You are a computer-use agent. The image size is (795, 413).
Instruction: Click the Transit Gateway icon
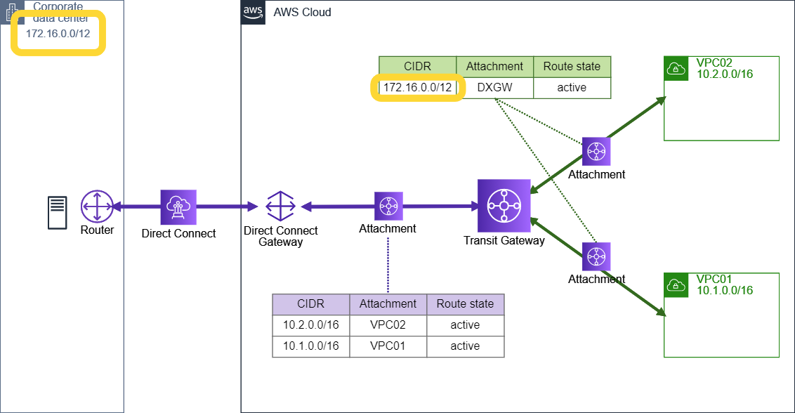click(504, 206)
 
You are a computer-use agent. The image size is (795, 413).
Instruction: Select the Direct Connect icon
click(178, 206)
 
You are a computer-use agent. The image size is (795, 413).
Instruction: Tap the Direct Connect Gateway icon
click(280, 206)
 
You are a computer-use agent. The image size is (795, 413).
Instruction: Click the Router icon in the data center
click(96, 206)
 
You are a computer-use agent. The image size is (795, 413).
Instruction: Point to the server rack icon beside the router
click(58, 213)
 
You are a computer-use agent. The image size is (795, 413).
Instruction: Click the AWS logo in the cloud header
click(252, 12)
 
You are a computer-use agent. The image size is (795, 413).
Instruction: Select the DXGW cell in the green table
click(494, 88)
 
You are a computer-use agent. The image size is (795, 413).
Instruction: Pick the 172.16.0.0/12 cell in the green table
click(417, 88)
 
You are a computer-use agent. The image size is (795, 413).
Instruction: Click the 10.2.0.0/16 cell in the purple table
click(310, 325)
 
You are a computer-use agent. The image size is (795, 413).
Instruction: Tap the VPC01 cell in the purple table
click(388, 346)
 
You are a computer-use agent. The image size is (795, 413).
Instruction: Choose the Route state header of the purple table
click(465, 304)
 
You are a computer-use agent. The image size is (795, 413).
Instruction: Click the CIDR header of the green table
click(417, 67)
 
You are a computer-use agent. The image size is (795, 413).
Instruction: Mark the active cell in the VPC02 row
click(465, 325)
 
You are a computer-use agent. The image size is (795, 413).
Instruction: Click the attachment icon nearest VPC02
click(596, 151)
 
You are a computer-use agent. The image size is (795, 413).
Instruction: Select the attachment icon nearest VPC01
click(596, 256)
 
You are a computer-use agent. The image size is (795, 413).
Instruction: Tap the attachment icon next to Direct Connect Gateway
click(388, 206)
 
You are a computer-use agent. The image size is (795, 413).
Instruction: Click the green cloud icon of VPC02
click(676, 68)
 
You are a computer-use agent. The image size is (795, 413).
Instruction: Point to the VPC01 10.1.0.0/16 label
click(724, 285)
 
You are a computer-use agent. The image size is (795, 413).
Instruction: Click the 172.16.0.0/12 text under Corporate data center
click(58, 33)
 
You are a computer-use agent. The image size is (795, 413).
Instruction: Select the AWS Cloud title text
click(302, 13)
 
